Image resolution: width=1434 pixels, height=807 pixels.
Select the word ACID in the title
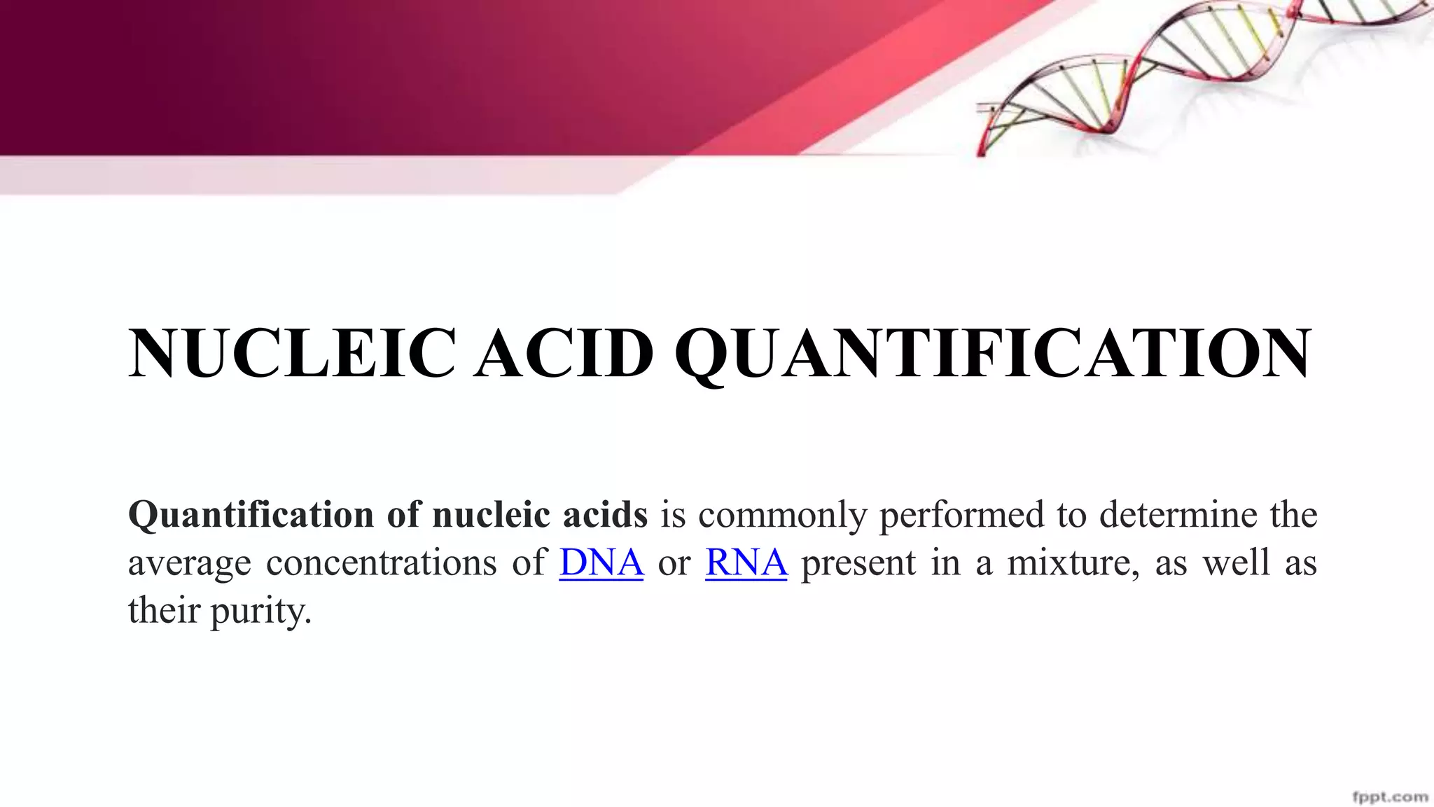coord(564,354)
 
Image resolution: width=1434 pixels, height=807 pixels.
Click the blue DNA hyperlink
coord(601,563)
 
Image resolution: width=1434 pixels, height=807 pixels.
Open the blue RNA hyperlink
coord(746,563)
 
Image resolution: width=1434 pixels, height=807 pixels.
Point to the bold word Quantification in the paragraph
coord(251,516)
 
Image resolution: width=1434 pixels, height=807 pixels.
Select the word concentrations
coord(381,563)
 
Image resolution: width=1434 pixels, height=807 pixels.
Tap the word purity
coord(260,612)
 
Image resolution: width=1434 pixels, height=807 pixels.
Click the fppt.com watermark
coord(1390,796)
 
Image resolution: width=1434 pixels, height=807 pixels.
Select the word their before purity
coord(164,610)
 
